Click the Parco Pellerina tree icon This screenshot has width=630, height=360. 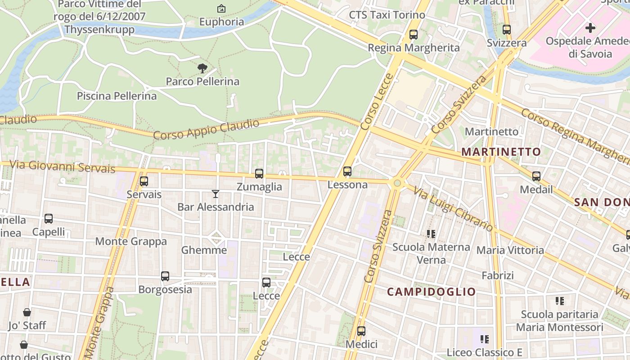(x=202, y=68)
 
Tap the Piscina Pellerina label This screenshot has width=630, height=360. (x=117, y=96)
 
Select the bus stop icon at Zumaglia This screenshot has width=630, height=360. (x=259, y=174)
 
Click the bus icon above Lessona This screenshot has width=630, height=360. (x=347, y=171)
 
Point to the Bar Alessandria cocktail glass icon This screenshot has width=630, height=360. (x=216, y=194)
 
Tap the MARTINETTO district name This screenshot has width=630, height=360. (x=501, y=152)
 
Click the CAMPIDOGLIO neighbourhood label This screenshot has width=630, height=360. (x=431, y=292)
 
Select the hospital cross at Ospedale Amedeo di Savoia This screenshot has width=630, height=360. (x=590, y=28)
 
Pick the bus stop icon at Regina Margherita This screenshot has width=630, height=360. (x=414, y=35)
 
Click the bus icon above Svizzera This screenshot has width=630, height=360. (x=507, y=30)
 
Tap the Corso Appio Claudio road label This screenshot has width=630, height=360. (x=207, y=129)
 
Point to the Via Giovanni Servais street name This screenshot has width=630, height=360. (x=62, y=166)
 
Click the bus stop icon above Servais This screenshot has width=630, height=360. (x=144, y=181)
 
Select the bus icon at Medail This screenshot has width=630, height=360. (x=536, y=176)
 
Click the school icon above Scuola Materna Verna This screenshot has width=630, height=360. (x=431, y=234)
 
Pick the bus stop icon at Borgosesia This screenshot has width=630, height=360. (x=165, y=276)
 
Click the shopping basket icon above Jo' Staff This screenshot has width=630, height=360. (x=27, y=312)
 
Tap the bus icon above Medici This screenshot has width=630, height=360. (x=361, y=332)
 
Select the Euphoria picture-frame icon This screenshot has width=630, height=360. (x=221, y=9)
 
